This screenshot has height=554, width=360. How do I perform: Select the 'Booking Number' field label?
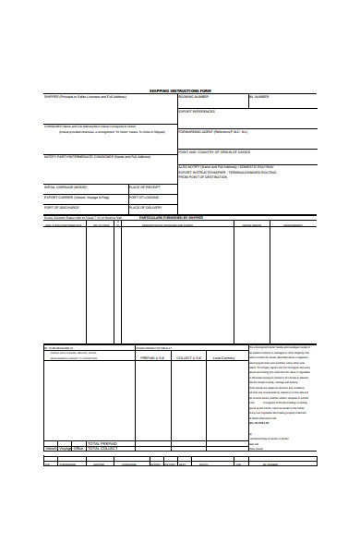coord(193,96)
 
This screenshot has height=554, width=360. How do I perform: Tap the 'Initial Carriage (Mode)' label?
coord(66,186)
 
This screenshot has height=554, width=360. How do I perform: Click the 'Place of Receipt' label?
coord(144,186)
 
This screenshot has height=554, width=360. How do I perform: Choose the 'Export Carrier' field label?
coord(70,197)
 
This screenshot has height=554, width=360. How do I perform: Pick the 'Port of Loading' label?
coord(143,197)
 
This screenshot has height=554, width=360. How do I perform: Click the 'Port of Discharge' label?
coord(63,208)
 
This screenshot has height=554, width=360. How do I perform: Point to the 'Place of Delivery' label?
coord(145,208)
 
